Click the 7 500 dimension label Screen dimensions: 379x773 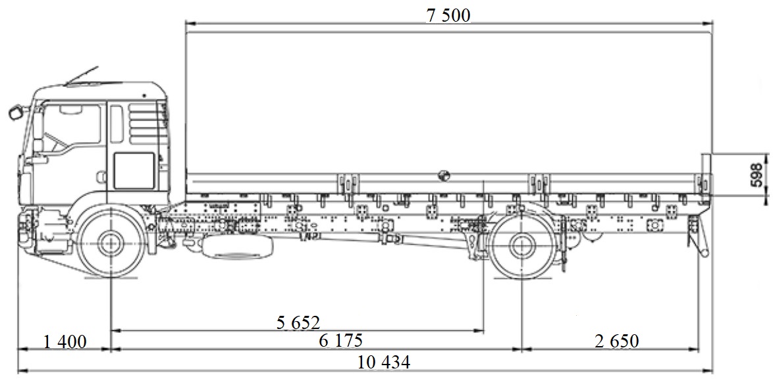(x=448, y=16)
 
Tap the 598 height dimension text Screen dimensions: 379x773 (x=757, y=175)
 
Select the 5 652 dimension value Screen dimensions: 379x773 (x=298, y=323)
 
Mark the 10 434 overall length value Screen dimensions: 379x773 (x=384, y=361)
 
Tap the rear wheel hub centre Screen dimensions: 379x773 (x=522, y=245)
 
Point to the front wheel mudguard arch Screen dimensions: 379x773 (x=109, y=208)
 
